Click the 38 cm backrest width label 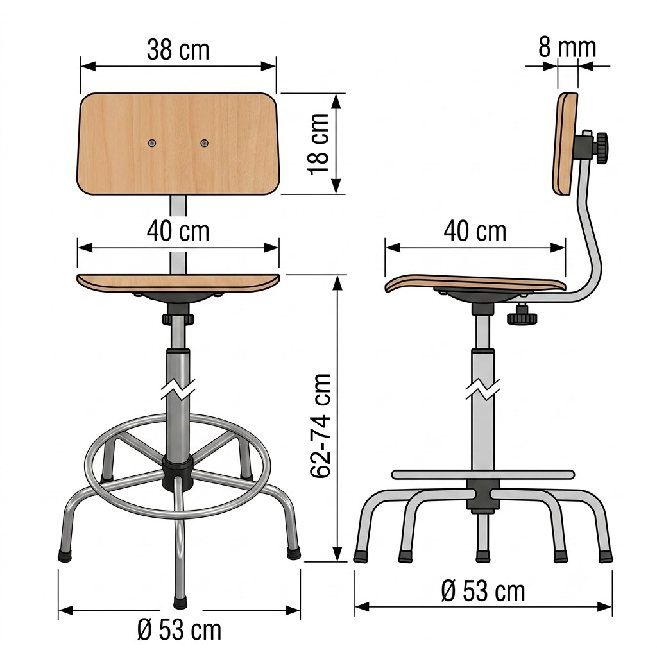pos(178,50)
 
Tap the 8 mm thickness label pos(567,47)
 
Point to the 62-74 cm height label pos(321,426)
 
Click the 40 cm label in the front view pos(178,231)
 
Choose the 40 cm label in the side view pos(475,231)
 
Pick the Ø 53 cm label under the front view pos(180,630)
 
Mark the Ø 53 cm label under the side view pos(483,591)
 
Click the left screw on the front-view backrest pos(152,143)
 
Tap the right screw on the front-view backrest pos(204,143)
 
